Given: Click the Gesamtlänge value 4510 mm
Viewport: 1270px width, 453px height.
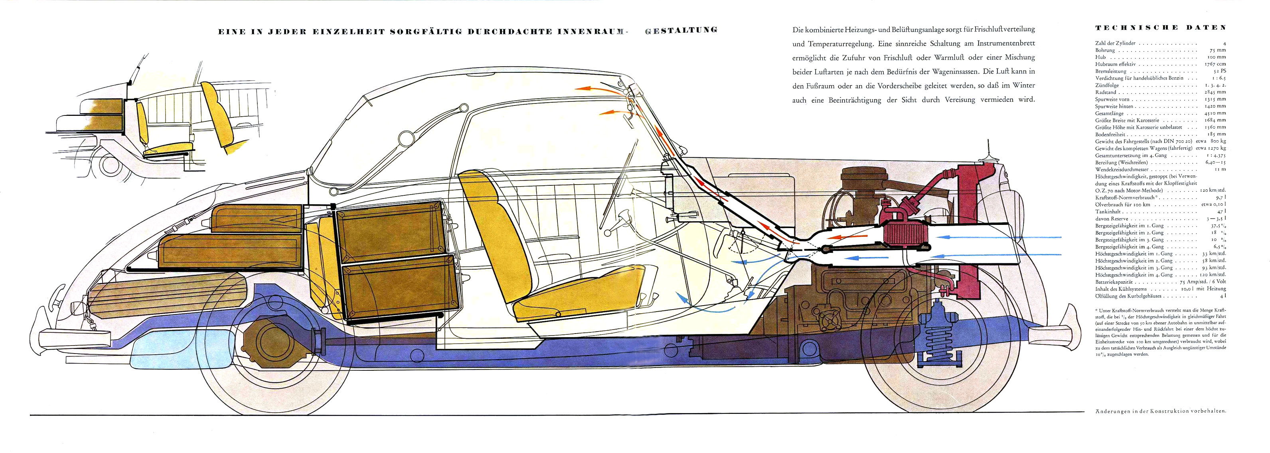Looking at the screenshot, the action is pos(1215,113).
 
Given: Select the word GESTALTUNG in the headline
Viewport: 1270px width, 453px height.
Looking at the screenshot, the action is pos(681,30).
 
